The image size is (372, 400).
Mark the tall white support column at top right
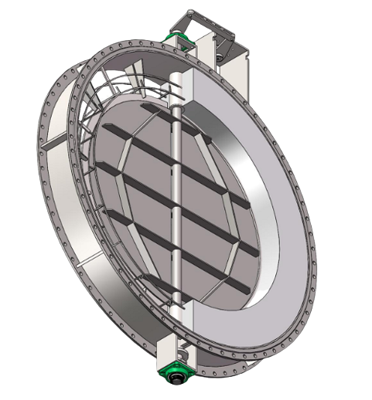click(x=232, y=58)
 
